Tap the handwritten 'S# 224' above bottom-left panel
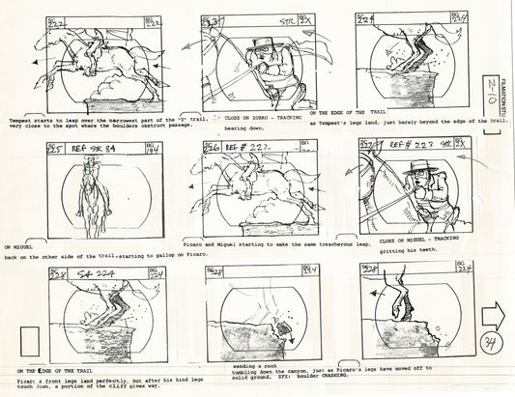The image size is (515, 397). point(87,274)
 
